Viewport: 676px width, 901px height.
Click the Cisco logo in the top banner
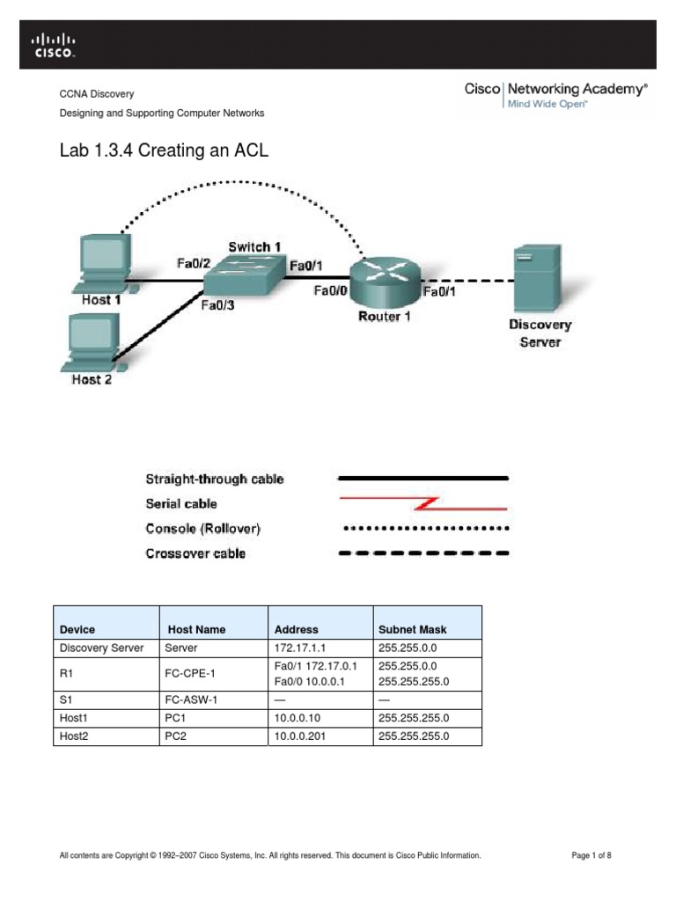point(54,45)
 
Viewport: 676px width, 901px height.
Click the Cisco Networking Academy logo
point(555,95)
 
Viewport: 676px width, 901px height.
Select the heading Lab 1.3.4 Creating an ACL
point(163,151)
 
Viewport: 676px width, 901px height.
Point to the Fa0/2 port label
point(192,262)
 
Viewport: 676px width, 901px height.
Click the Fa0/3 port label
point(217,306)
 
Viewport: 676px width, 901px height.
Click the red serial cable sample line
point(423,504)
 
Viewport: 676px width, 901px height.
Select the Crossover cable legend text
point(195,553)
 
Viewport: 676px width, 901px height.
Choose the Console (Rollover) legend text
point(202,529)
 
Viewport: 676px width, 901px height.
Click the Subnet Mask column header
point(412,629)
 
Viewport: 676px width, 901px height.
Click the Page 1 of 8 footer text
point(591,855)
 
